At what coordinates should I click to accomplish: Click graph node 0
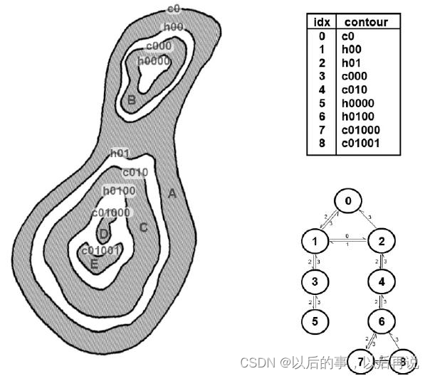(347, 201)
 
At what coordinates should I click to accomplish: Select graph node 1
(314, 242)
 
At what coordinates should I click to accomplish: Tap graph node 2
(382, 242)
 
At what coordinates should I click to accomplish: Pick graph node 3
(314, 282)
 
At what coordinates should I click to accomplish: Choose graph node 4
(382, 282)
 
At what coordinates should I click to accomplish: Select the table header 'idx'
(321, 22)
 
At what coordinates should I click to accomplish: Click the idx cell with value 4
(321, 88)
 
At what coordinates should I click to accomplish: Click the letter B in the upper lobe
(131, 100)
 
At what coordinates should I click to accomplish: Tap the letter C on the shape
(143, 227)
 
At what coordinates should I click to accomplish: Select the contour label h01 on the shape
(120, 154)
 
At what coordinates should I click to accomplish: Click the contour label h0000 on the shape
(154, 61)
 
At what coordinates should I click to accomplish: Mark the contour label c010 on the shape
(135, 172)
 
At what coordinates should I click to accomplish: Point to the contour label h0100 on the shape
(119, 190)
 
